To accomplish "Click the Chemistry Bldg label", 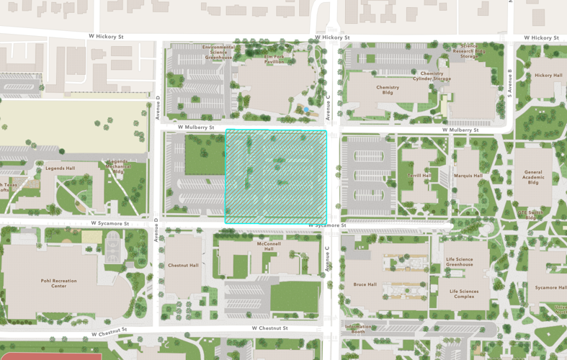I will (388, 90).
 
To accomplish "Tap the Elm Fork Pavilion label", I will (274, 59).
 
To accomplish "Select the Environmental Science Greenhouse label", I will (218, 52).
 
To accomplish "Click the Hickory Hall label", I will (548, 75).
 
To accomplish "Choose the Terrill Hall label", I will (420, 175).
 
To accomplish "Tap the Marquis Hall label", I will (468, 175).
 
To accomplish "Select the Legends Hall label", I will (61, 168).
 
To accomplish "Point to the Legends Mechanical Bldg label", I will (118, 166).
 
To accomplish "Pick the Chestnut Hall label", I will (183, 265).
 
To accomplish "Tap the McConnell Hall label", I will (269, 246).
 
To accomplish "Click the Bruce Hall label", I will (365, 284).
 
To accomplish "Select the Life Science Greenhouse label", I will (460, 262).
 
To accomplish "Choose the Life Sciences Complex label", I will (463, 294).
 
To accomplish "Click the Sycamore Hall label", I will (550, 287).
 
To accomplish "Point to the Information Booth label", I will (358, 329).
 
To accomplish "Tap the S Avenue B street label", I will (509, 84).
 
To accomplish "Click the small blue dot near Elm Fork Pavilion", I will (306, 109).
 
